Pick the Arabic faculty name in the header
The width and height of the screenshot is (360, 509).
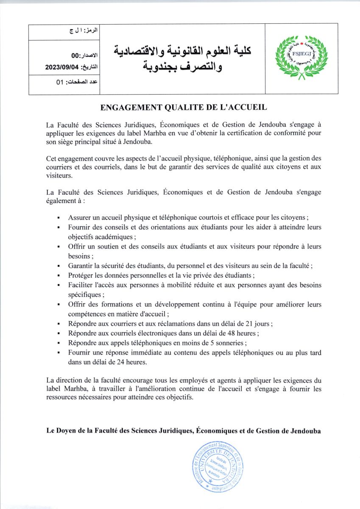(183, 58)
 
